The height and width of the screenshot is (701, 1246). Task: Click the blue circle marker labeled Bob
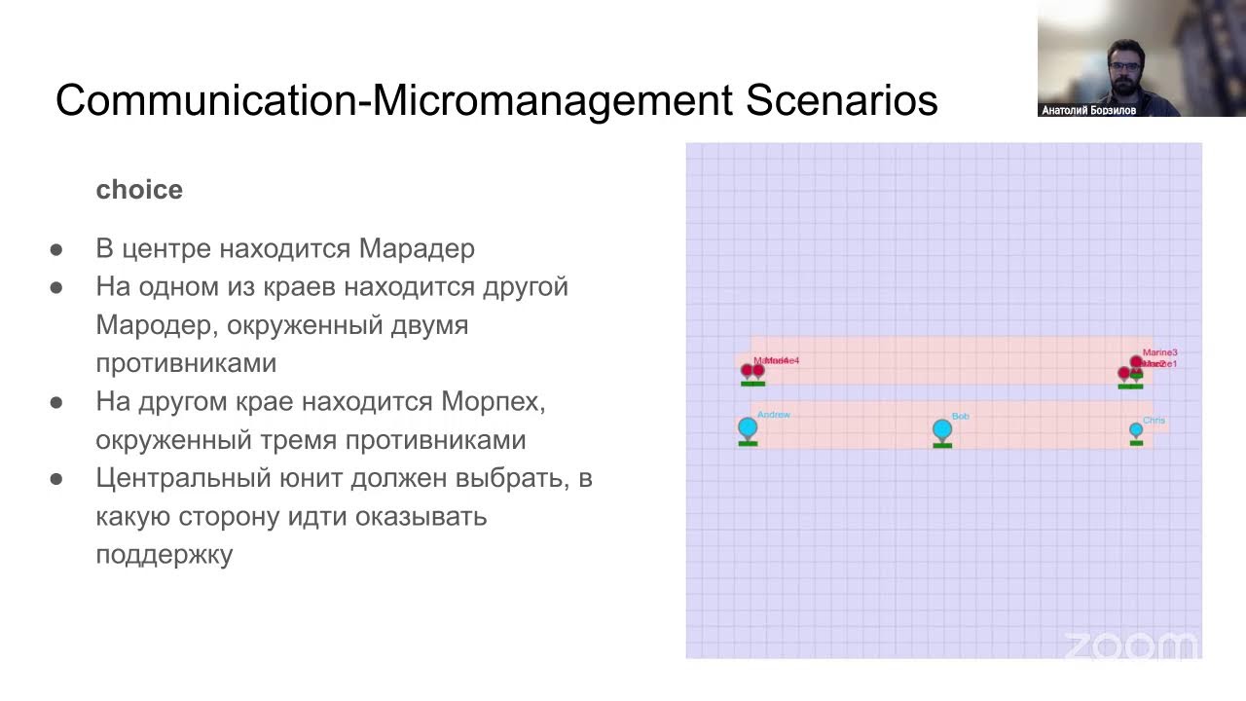[941, 429]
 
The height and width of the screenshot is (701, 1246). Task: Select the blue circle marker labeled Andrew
[748, 426]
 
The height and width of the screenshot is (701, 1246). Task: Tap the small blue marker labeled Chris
[1136, 429]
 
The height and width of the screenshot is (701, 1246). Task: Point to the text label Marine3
[1159, 352]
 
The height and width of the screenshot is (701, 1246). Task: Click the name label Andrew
[774, 415]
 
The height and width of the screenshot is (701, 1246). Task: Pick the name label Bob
[960, 417]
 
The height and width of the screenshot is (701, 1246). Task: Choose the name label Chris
[1154, 421]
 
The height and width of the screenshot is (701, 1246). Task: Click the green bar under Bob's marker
[941, 446]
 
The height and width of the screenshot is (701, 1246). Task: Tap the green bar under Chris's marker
[1136, 443]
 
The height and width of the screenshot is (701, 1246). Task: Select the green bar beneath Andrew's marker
[748, 443]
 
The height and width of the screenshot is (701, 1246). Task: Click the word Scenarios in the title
[842, 101]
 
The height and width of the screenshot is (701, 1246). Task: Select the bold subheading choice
[139, 190]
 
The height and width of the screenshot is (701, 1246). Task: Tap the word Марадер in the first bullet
[417, 248]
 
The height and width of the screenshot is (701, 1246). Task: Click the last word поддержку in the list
[164, 555]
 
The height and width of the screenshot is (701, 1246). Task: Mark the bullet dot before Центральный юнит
[56, 479]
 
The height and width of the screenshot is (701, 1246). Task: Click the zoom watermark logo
[1129, 646]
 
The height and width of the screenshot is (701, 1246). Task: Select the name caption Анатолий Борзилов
[1088, 111]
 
